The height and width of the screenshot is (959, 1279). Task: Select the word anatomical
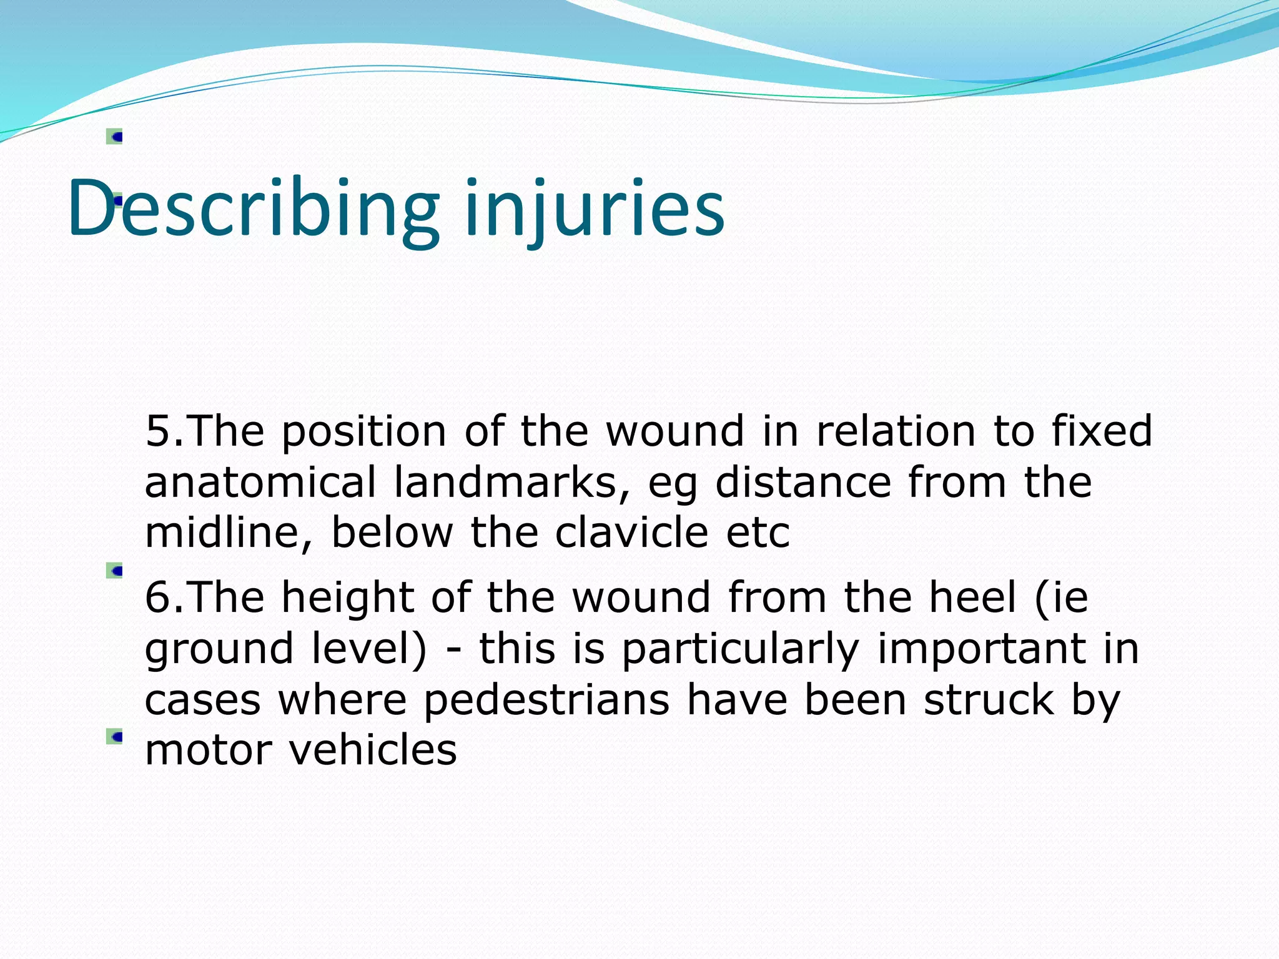point(260,483)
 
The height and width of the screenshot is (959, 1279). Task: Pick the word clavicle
point(631,533)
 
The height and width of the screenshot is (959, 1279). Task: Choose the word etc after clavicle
point(758,534)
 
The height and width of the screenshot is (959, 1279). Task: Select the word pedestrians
point(546,700)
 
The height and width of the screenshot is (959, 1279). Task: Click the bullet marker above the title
point(114,137)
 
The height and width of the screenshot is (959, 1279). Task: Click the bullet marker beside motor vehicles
point(114,737)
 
